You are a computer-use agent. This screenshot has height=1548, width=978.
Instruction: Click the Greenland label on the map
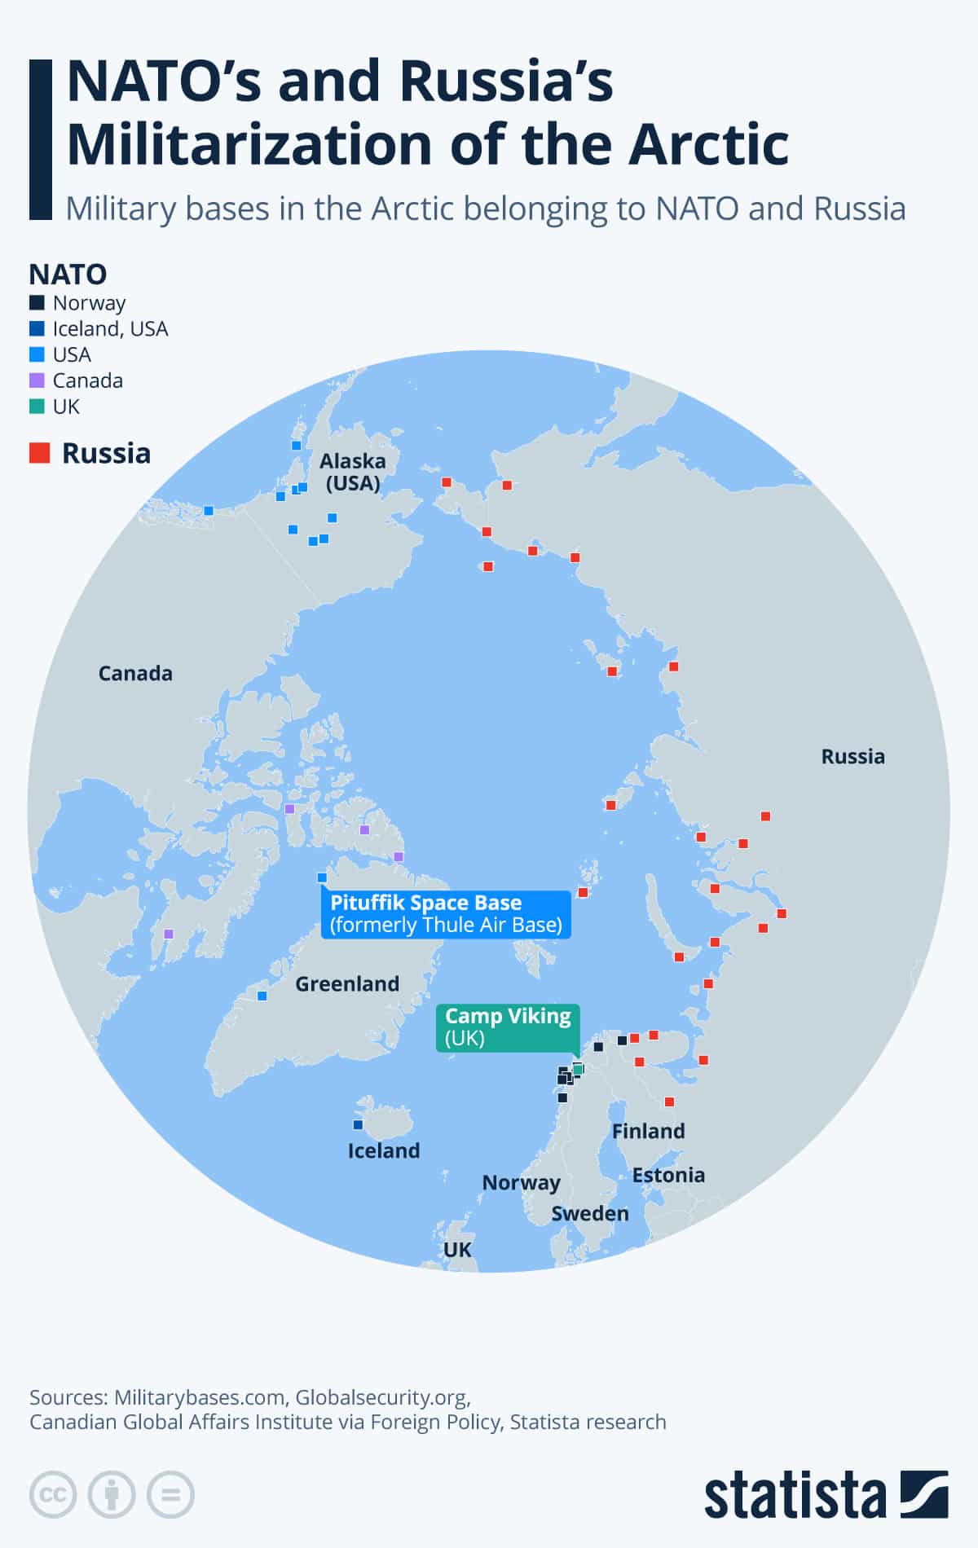click(347, 983)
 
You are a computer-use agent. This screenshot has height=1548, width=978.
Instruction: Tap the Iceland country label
click(384, 1150)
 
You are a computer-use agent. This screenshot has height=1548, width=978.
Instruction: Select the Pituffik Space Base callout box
click(446, 913)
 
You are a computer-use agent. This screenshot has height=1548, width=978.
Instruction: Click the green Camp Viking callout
click(508, 1027)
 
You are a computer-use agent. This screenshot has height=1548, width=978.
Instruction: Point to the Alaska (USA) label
click(353, 472)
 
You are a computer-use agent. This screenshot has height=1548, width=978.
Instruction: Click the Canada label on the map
click(135, 673)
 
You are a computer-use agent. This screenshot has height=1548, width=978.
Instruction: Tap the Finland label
click(649, 1131)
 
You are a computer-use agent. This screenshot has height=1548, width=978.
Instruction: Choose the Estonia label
click(668, 1175)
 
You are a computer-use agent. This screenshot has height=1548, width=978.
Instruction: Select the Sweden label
click(590, 1213)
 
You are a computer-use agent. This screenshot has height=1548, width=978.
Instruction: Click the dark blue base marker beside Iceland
click(357, 1124)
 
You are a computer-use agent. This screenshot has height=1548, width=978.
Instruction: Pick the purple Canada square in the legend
click(37, 380)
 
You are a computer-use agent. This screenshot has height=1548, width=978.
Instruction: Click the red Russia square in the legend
click(39, 453)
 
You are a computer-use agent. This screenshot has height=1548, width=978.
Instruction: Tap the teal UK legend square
click(37, 407)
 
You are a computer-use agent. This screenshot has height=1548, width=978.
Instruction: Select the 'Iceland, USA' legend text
click(110, 328)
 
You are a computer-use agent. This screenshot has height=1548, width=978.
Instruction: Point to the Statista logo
click(826, 1495)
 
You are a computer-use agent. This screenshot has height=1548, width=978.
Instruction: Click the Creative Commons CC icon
click(53, 1495)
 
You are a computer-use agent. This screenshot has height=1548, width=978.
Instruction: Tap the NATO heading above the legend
click(68, 274)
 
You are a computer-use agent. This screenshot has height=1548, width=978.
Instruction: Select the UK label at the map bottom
click(457, 1249)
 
